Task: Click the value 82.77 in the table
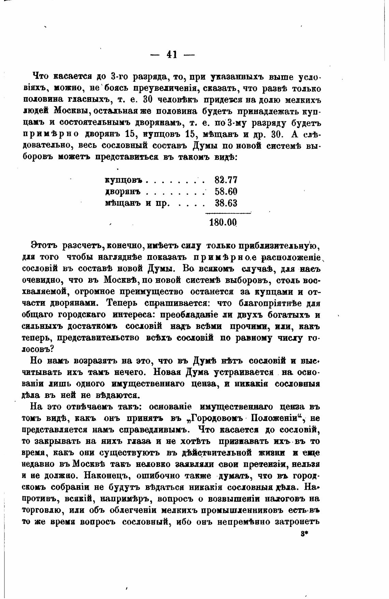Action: pyautogui.click(x=226, y=180)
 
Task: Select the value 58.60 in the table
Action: pyautogui.click(x=226, y=192)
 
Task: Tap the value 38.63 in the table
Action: pyautogui.click(x=226, y=203)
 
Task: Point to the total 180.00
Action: pyautogui.click(x=223, y=222)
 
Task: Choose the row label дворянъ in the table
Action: pyautogui.click(x=123, y=192)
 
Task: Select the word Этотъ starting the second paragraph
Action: pyautogui.click(x=43, y=245)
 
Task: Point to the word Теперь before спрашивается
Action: pyautogui.click(x=122, y=303)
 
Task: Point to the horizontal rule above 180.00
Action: pyautogui.click(x=227, y=213)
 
